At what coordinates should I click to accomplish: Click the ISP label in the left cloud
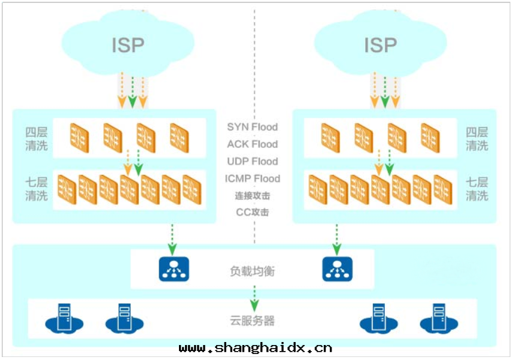[x=128, y=45]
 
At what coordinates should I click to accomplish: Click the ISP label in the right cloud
[x=381, y=45]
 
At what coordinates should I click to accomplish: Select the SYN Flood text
[x=252, y=127]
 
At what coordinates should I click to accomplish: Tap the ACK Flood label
[x=252, y=144]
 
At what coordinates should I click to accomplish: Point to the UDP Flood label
[x=252, y=162]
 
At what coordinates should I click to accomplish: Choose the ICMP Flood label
[x=252, y=179]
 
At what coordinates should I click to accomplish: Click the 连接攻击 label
[x=252, y=196]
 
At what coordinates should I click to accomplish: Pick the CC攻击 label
[x=252, y=212]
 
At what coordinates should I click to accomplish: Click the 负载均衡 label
[x=252, y=271]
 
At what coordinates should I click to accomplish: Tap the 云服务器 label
[x=252, y=321]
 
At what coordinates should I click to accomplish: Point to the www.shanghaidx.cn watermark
[x=256, y=347]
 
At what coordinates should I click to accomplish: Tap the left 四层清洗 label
[x=36, y=139]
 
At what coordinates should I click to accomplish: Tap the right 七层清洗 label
[x=477, y=189]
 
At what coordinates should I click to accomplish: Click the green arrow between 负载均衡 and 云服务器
[x=254, y=295]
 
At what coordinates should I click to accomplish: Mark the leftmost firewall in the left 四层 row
[x=79, y=137]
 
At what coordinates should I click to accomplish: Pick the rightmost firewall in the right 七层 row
[x=442, y=189]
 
